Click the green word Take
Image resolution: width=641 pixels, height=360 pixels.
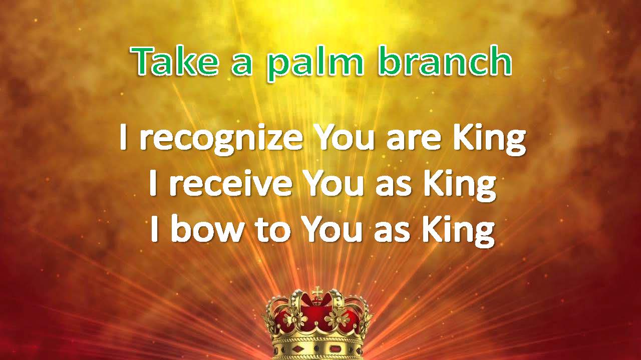tap(175, 61)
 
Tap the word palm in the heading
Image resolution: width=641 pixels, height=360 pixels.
tap(315, 64)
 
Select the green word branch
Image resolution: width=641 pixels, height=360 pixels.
tap(446, 61)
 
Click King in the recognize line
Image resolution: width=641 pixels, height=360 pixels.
tap(490, 140)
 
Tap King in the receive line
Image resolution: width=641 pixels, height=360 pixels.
tap(460, 186)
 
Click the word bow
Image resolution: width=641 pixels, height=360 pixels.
tap(207, 228)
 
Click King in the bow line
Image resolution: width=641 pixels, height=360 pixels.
tap(459, 231)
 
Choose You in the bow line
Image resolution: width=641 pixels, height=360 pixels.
tap(332, 229)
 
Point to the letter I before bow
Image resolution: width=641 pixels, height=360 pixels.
tap(154, 229)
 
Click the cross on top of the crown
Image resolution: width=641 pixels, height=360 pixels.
tap(317, 292)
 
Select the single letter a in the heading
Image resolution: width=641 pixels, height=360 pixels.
tap(242, 65)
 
